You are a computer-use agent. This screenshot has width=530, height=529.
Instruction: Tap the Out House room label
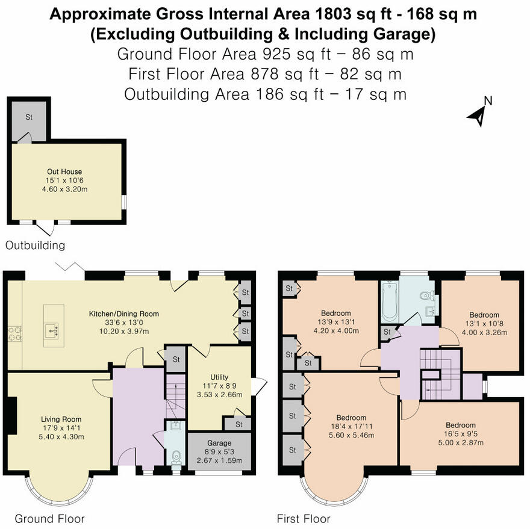[64, 172]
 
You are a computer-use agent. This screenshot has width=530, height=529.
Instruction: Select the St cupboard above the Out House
[28, 117]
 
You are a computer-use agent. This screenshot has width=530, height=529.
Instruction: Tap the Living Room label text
[61, 419]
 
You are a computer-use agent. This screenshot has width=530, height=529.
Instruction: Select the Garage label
[219, 443]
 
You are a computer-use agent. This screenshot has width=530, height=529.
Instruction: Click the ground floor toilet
[176, 457]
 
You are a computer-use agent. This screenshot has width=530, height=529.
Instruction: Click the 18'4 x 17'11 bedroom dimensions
[351, 427]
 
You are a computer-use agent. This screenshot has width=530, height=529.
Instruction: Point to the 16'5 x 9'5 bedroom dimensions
[460, 434]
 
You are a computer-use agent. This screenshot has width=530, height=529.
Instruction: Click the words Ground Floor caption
[49, 519]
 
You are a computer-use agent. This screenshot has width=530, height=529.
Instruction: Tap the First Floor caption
[304, 519]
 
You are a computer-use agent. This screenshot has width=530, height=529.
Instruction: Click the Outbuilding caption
[35, 246]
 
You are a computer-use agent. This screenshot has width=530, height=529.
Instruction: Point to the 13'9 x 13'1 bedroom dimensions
[335, 322]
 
